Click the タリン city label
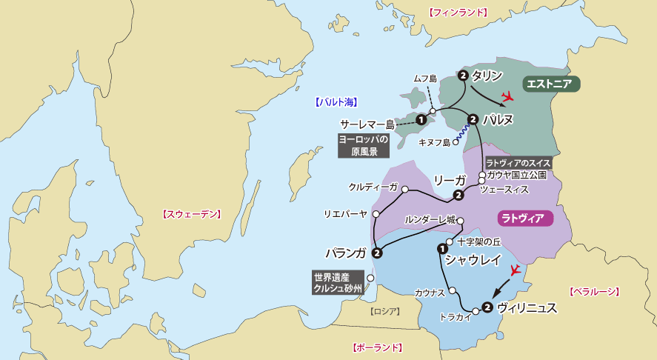(487, 75)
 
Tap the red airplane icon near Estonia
(508, 96)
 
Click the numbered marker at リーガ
(458, 196)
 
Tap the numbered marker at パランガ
(377, 253)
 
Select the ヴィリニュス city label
(527, 307)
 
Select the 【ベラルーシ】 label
(594, 292)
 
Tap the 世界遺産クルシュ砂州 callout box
(337, 282)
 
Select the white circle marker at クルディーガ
(405, 190)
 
